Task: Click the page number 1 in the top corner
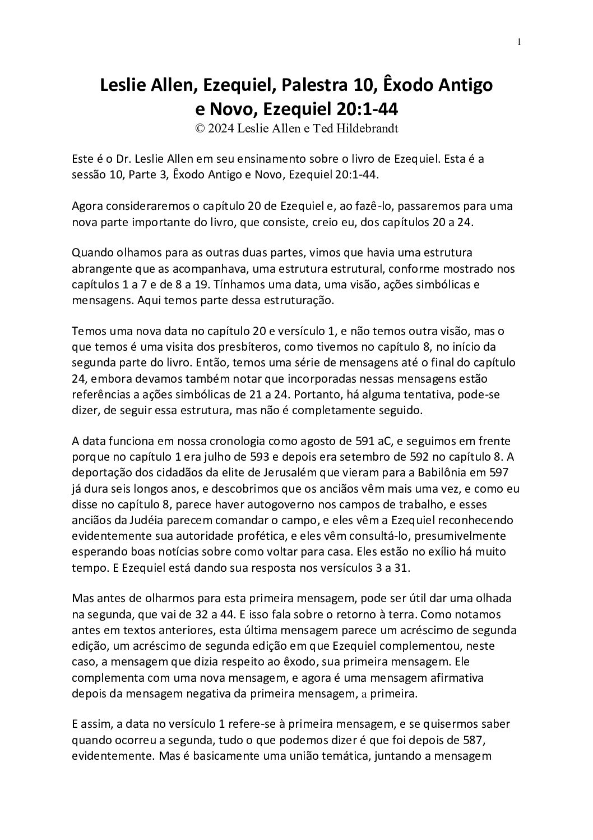coord(519,42)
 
